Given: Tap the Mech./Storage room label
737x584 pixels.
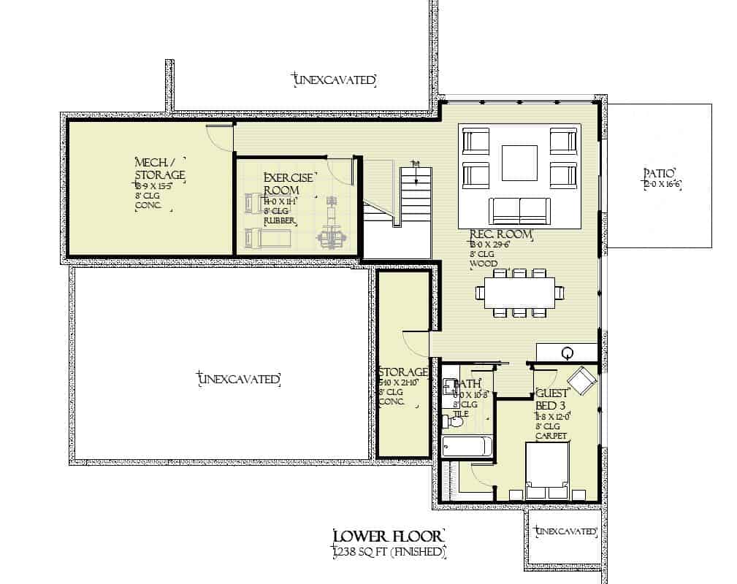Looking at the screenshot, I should click(160, 169).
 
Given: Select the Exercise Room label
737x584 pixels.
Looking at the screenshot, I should click(289, 183).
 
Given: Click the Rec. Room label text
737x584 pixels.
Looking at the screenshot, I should click(500, 234).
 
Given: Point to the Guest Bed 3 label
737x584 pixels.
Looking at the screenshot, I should click(553, 399).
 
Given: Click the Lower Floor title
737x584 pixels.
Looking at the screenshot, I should click(387, 537).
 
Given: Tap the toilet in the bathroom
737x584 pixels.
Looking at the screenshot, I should click(451, 421).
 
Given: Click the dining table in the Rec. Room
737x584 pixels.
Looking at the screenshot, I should click(519, 293).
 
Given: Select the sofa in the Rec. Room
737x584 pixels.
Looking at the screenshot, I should click(519, 211).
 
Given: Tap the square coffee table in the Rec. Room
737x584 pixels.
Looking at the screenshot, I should click(519, 163).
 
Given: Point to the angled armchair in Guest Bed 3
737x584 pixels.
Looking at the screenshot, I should click(582, 380).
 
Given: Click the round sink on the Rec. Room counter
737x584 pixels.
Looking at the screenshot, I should click(567, 353).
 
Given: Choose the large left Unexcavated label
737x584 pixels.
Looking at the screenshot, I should click(240, 379).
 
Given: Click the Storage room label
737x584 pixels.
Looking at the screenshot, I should click(402, 373).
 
